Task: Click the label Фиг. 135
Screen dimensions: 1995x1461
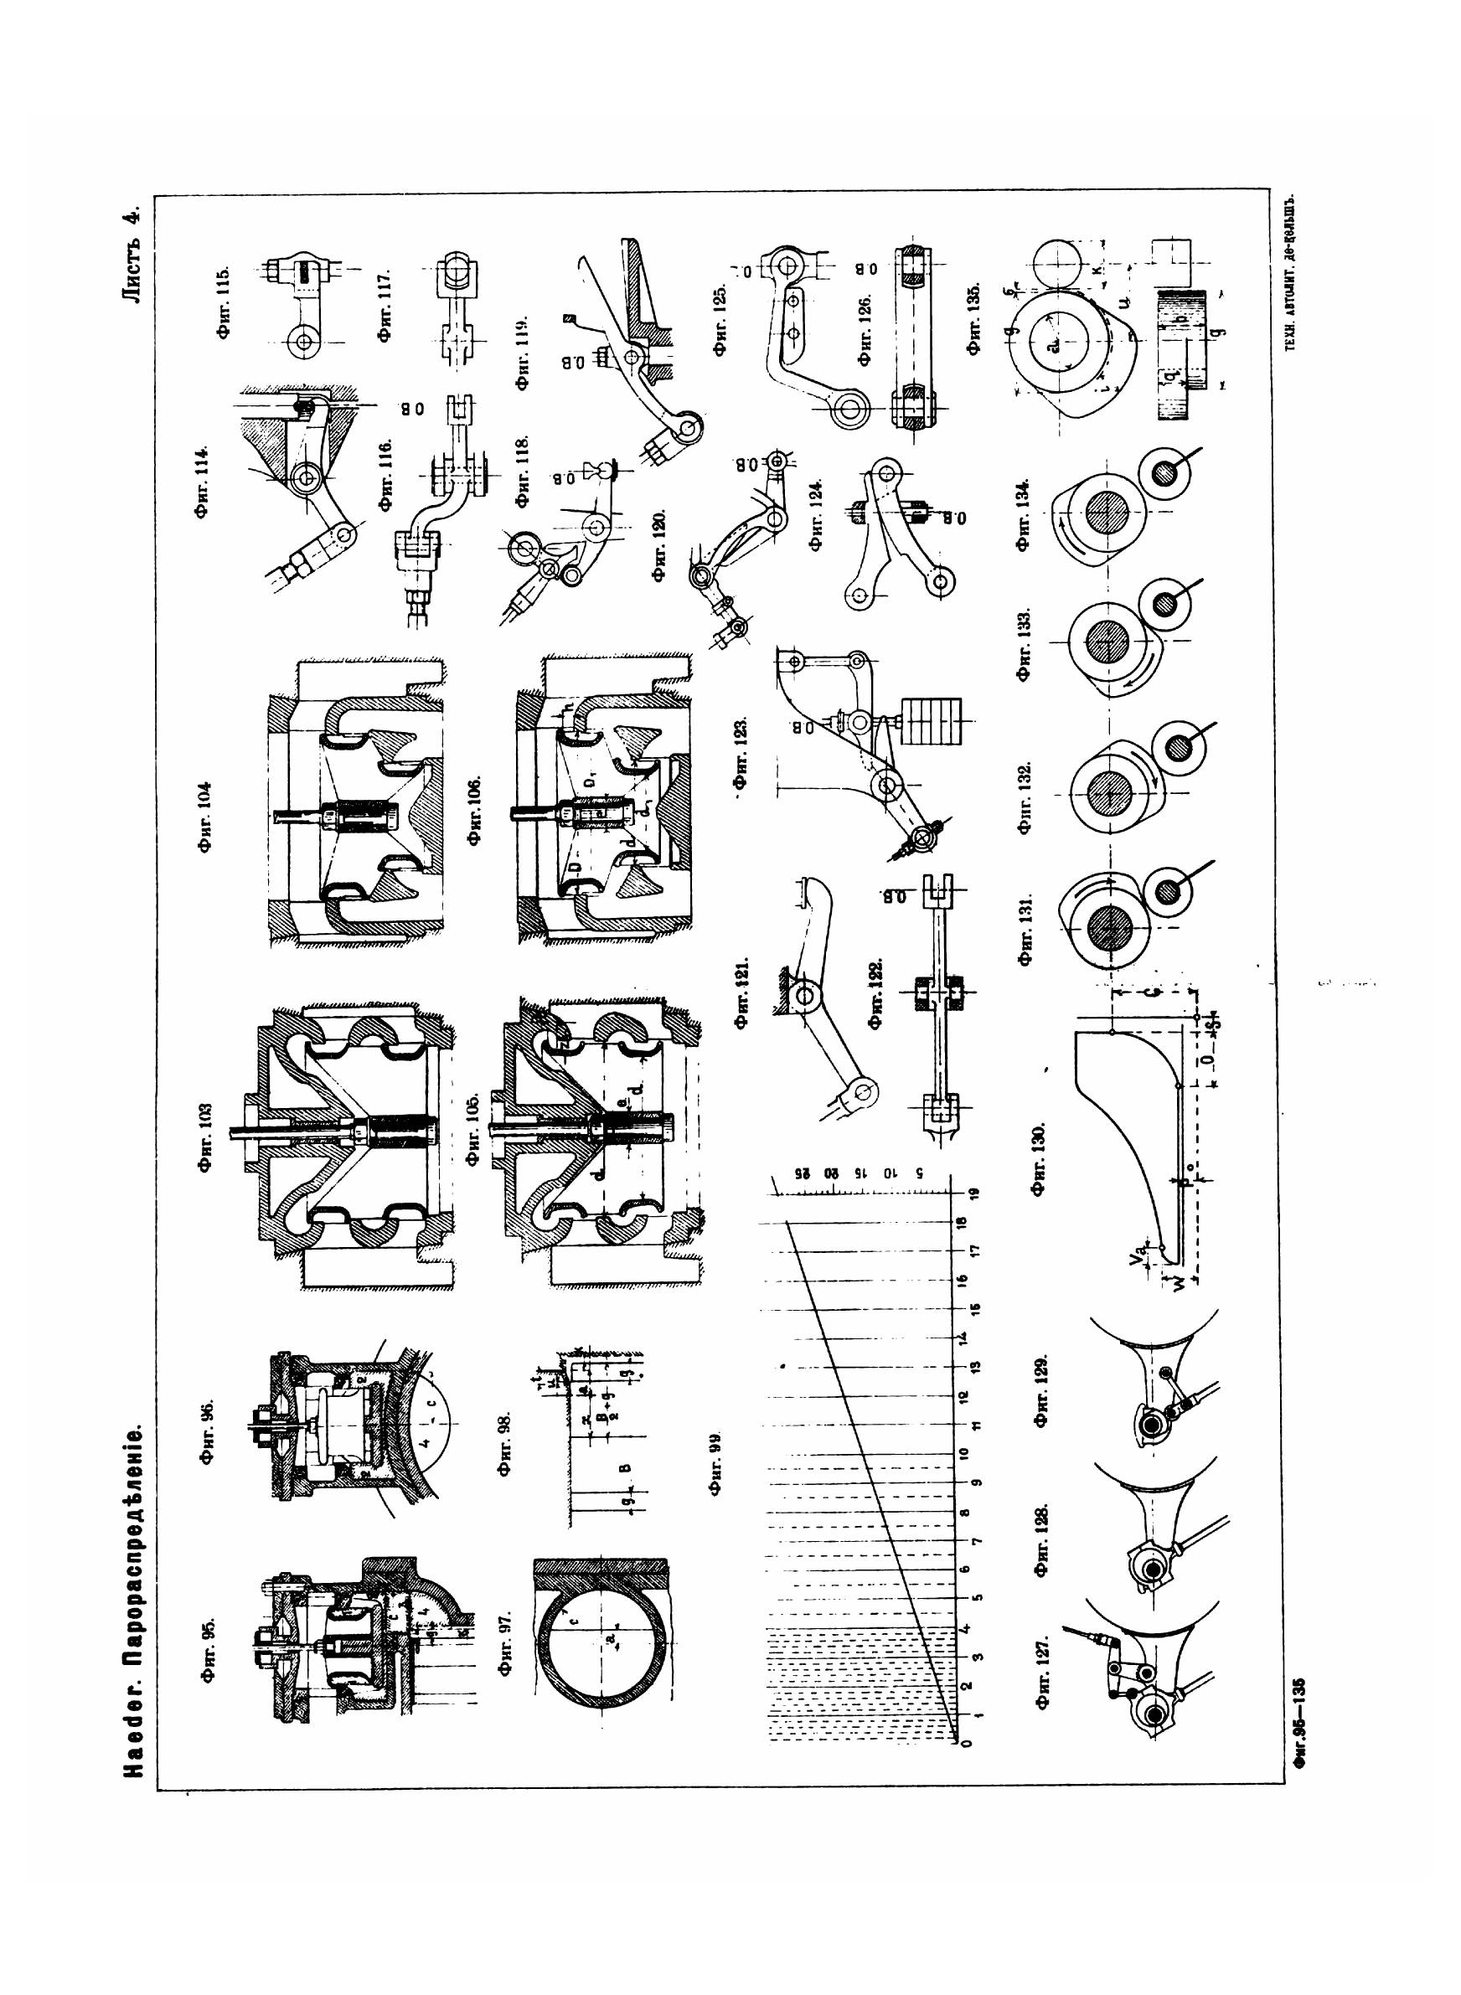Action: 974,319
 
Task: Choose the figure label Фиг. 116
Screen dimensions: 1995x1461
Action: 386,476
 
